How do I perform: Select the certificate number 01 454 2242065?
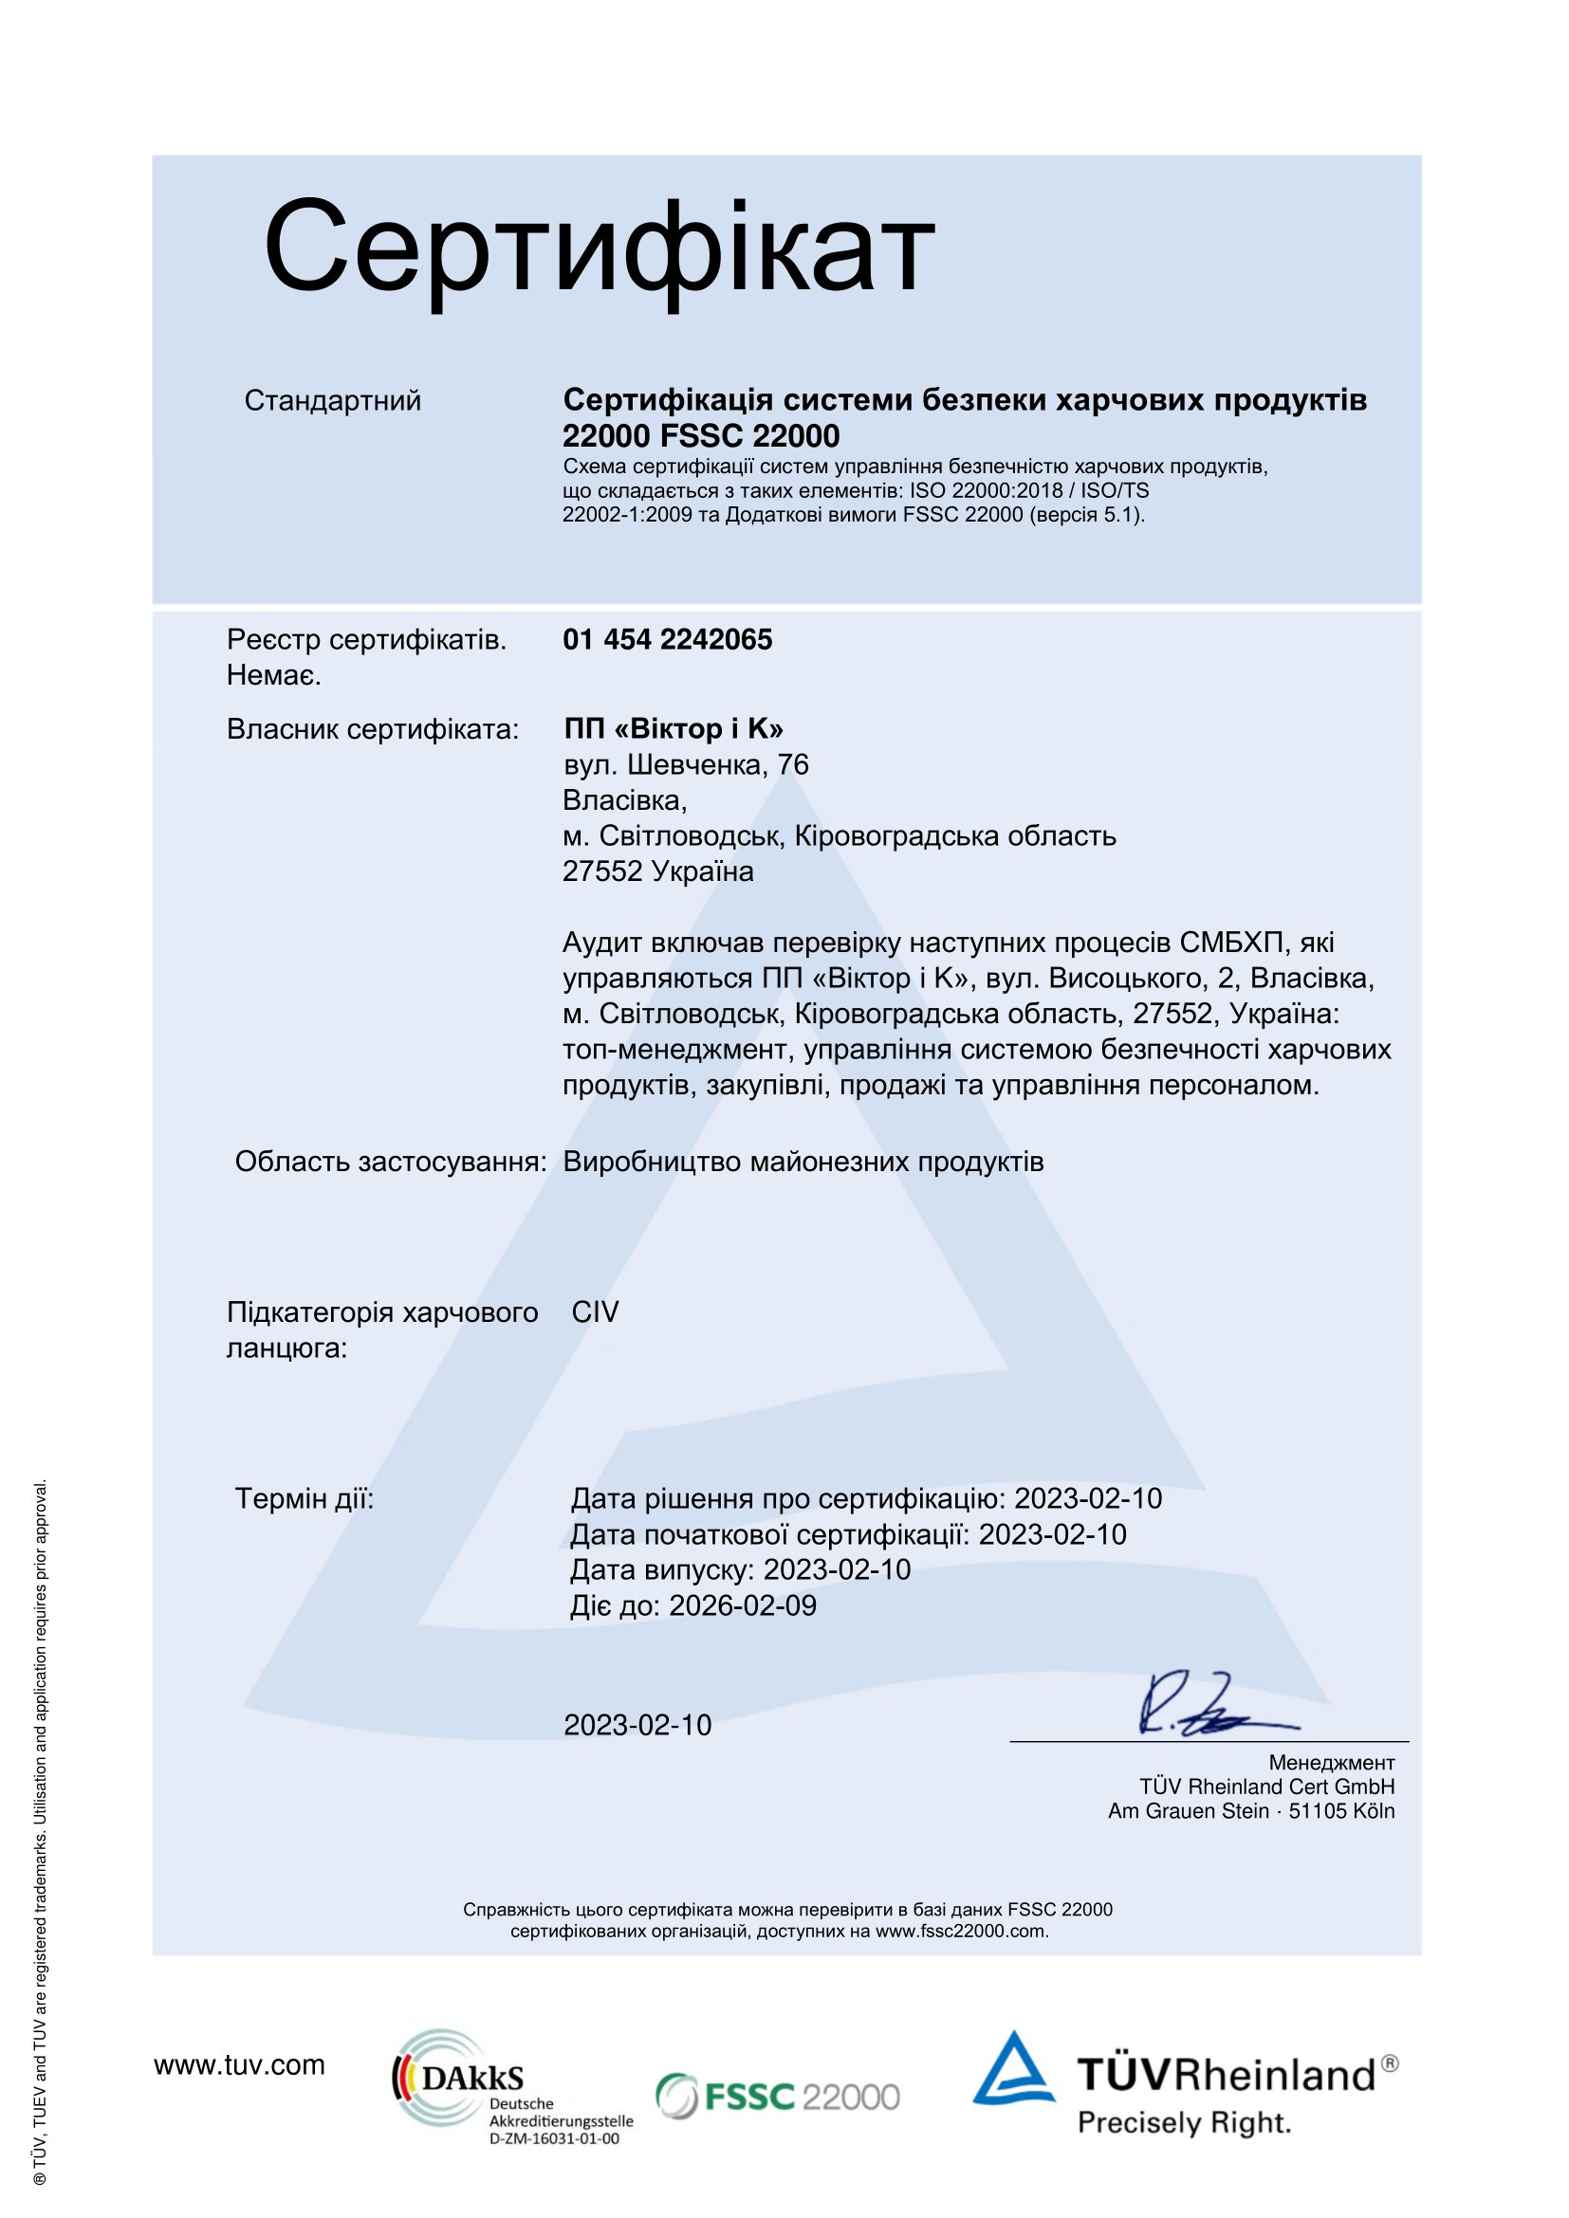pos(668,639)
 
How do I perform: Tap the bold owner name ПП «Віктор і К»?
pos(674,728)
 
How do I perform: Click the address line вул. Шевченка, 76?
pos(686,764)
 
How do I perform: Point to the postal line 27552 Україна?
pos(658,871)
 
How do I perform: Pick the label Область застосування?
pos(390,1162)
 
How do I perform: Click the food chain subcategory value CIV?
pos(595,1311)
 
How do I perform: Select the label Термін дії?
pos(305,1498)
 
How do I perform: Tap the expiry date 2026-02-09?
pos(743,1605)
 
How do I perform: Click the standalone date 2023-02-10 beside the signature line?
pos(637,1724)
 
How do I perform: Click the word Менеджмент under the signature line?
pos(1331,1763)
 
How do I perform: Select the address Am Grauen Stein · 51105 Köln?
pos(1251,1811)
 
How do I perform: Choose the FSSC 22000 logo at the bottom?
pos(778,2097)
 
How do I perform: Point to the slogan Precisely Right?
pos(1185,2123)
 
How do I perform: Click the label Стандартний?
pos(332,400)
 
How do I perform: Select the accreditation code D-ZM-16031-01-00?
pos(555,2138)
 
